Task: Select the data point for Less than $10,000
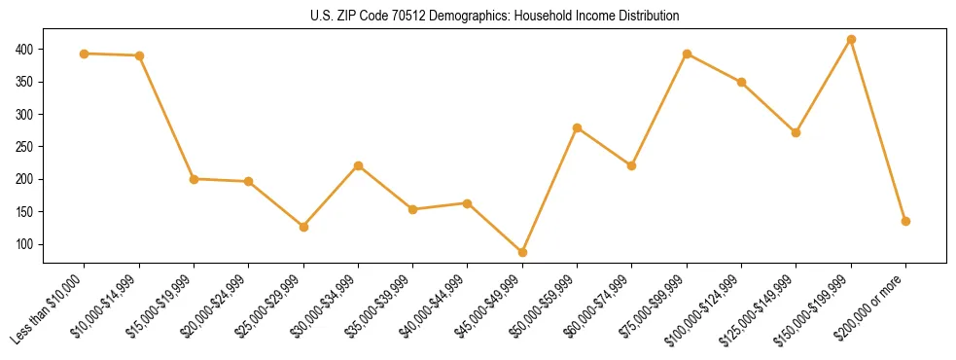(x=85, y=54)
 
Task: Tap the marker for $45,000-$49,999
(x=523, y=252)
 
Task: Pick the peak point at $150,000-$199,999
(x=851, y=40)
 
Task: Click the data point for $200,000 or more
(x=905, y=221)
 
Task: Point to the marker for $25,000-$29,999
(x=303, y=227)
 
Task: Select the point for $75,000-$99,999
(x=687, y=54)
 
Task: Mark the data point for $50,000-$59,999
(x=578, y=127)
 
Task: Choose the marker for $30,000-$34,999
(x=359, y=165)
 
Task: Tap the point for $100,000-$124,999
(x=741, y=82)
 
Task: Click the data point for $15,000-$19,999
(x=195, y=179)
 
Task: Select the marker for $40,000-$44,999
(x=468, y=203)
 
